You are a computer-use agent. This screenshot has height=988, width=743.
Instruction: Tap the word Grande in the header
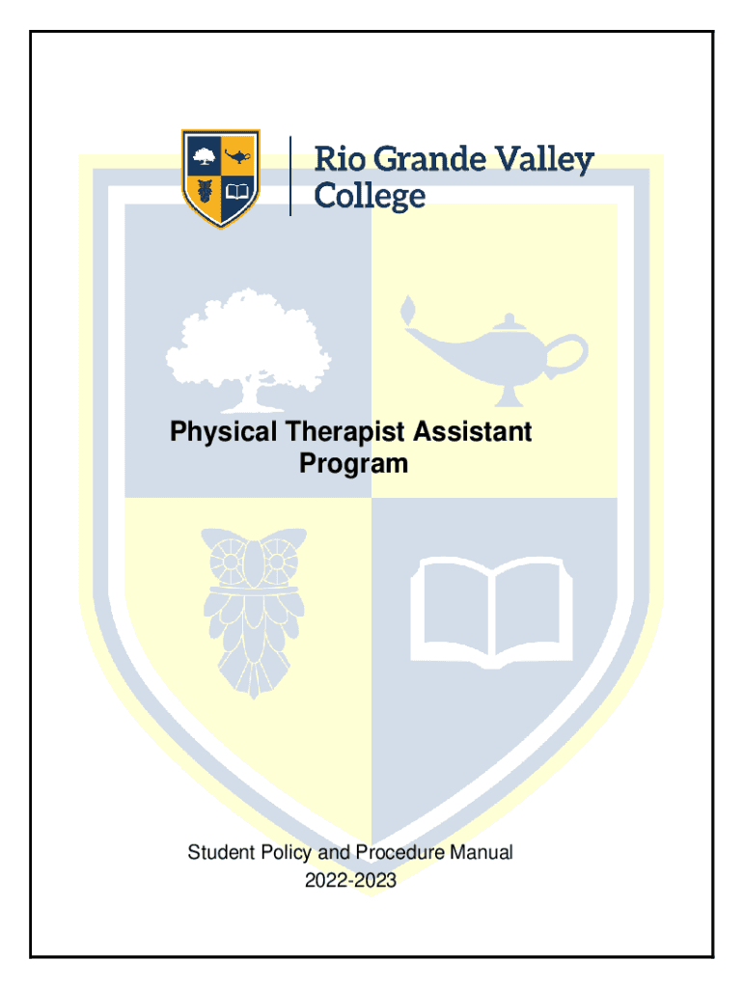(429, 159)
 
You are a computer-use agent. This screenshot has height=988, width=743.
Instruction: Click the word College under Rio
(370, 196)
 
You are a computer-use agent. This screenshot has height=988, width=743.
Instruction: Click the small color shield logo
(221, 178)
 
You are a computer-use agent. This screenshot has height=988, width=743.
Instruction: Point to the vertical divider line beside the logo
(289, 176)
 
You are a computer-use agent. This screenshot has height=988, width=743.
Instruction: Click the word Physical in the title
(224, 433)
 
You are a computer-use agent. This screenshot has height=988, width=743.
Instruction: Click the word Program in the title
(353, 464)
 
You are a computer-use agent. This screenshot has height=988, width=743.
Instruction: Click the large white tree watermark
(248, 350)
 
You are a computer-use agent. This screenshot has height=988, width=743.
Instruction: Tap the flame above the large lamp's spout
(408, 309)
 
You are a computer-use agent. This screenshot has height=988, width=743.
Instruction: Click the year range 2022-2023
(350, 880)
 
